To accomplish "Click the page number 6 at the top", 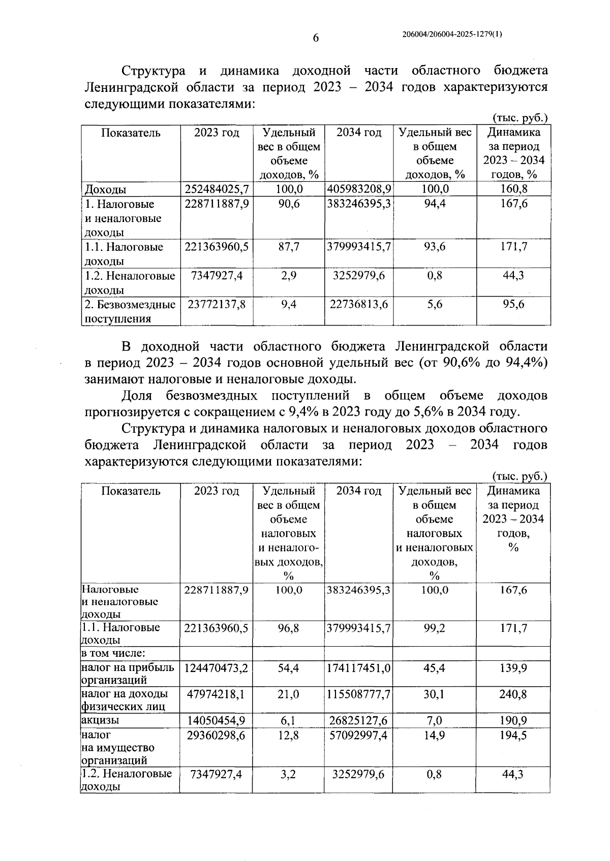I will tap(315, 38).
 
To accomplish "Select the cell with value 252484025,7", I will tap(217, 189).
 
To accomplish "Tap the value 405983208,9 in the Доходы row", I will tap(359, 189).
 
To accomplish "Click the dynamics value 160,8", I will tap(513, 189).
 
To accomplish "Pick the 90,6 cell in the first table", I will tap(289, 204).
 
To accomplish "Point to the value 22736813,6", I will tap(359, 304).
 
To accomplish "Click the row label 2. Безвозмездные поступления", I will tap(130, 311).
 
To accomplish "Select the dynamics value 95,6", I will tap(513, 304).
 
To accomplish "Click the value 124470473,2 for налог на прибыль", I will tap(217, 668).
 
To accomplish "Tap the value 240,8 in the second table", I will tap(513, 694).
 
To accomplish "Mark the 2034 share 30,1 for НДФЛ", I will tap(434, 694).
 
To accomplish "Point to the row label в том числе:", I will tap(110, 653).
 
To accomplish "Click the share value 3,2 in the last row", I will tap(289, 775).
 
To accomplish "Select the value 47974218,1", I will tap(217, 694).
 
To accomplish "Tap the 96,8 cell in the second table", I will tap(289, 628).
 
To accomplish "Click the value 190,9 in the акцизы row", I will tap(513, 720).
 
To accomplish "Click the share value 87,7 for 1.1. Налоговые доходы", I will tap(289, 247).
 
